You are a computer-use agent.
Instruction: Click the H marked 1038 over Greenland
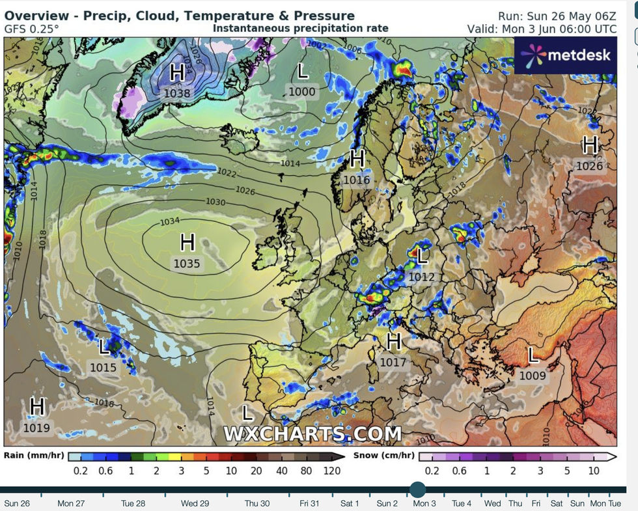(x=177, y=72)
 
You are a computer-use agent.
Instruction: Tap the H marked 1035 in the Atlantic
(x=187, y=243)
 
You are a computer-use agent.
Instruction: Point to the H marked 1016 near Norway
(x=357, y=158)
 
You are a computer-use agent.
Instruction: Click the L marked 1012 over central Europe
(x=422, y=256)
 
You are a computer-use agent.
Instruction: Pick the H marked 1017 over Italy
(x=393, y=341)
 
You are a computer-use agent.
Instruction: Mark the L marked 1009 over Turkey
(x=533, y=355)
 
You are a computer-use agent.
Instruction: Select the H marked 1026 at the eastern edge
(x=590, y=145)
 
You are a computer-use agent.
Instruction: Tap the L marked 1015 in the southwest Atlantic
(x=104, y=347)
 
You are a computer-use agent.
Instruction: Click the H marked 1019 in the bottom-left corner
(x=37, y=407)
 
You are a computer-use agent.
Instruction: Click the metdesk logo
(x=565, y=55)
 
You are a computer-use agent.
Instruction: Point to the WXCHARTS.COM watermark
(x=312, y=434)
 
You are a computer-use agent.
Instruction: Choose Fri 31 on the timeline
(x=309, y=503)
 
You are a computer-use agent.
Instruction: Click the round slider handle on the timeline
(x=418, y=490)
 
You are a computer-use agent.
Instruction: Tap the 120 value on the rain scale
(x=331, y=471)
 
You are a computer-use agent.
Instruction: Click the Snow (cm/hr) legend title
(x=383, y=455)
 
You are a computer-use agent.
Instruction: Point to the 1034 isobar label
(x=169, y=221)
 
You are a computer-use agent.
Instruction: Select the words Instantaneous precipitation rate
(x=300, y=28)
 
